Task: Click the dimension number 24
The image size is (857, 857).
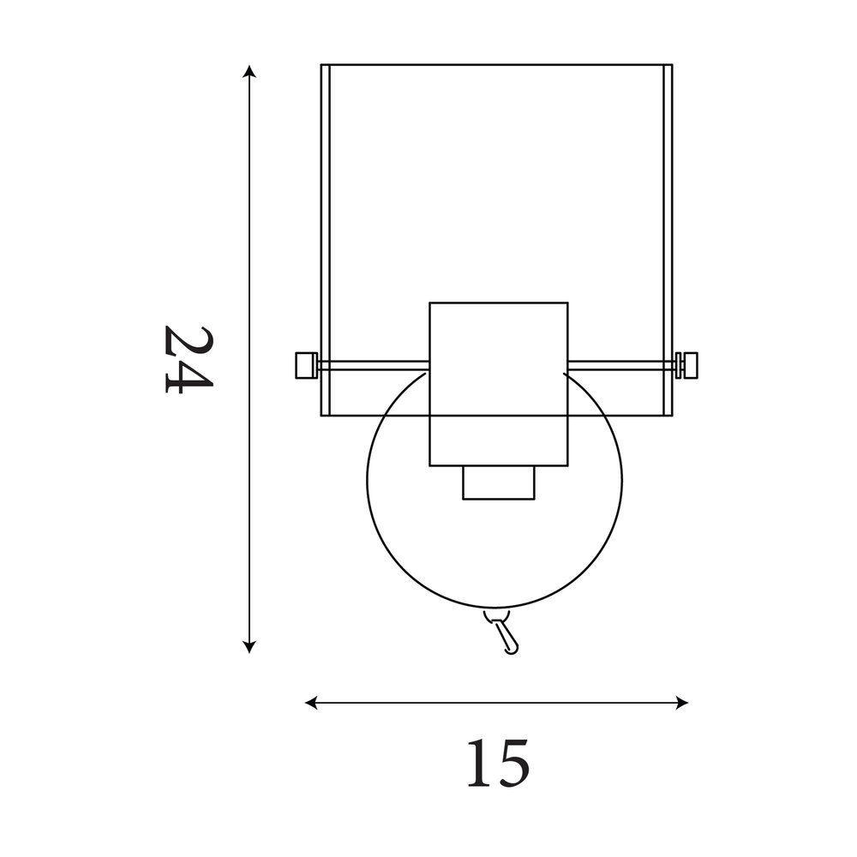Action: point(189,359)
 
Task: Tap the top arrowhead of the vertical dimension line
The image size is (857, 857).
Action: point(249,72)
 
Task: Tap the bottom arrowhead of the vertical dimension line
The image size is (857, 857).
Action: point(249,645)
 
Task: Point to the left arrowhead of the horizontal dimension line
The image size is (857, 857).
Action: point(312,703)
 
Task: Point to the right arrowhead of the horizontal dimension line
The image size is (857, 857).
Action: point(681,703)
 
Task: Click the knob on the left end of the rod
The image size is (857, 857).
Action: point(307,365)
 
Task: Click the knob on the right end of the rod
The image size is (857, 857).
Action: point(687,365)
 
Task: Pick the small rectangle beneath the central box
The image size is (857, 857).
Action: point(499,482)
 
